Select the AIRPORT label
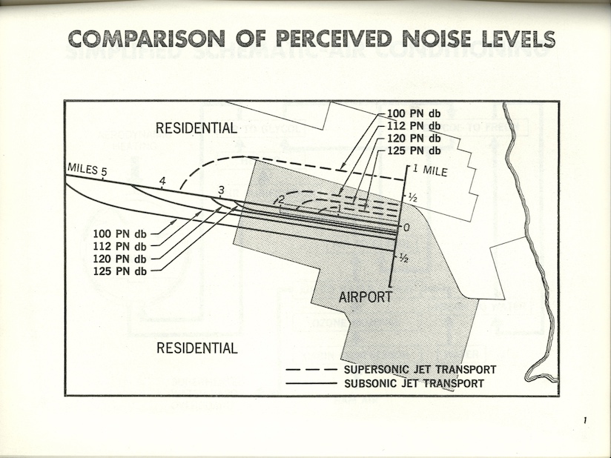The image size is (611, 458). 365,297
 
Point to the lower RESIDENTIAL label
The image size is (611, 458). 197,348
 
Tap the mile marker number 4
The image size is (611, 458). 162,180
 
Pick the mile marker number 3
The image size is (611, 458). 221,191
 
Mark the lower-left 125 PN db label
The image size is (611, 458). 119,271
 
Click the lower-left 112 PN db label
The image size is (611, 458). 119,246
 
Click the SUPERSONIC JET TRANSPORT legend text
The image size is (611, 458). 420,370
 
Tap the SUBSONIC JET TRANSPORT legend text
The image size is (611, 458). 414,383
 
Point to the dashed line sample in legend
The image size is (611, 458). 311,370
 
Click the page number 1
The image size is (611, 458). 585,422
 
